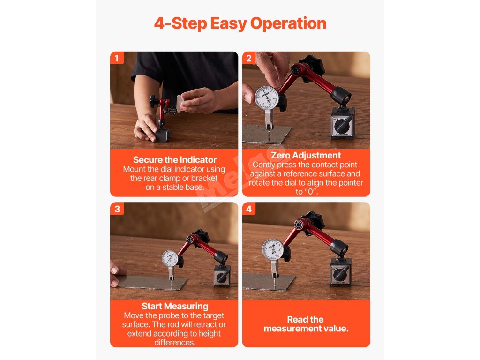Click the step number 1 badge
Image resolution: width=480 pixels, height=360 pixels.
(117, 58)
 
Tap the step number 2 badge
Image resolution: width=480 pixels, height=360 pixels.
(249, 58)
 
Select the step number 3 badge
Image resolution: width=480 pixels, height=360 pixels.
(117, 209)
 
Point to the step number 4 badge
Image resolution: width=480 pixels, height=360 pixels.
(249, 209)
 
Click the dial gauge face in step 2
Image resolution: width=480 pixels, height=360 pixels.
(267, 98)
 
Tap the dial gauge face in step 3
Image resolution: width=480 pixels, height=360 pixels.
(170, 259)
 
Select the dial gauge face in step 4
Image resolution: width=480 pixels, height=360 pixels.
(273, 249)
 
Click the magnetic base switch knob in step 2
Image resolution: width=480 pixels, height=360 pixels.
(342, 125)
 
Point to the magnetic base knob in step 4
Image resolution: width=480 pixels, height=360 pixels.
(340, 274)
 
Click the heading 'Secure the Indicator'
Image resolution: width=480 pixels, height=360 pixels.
(174, 160)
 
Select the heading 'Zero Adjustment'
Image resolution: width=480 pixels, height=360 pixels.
(306, 155)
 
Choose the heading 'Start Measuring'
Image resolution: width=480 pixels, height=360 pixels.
(175, 306)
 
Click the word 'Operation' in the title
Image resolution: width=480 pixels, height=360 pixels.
(288, 23)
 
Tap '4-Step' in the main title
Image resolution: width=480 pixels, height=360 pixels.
(180, 23)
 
